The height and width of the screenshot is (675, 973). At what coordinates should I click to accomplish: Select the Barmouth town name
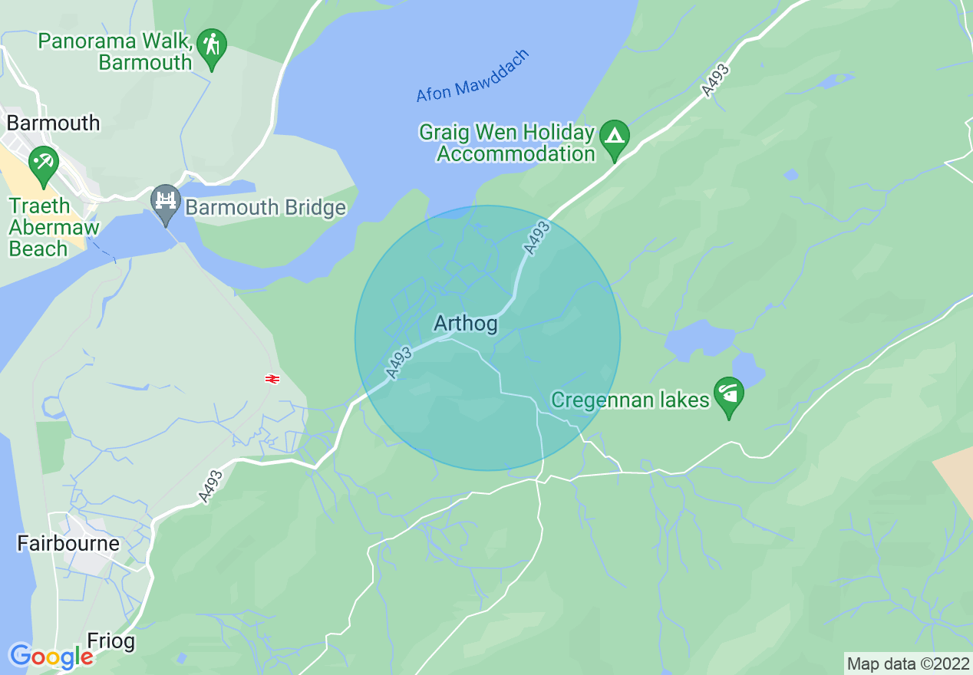click(x=53, y=123)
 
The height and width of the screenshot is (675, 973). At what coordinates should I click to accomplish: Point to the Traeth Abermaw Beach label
click(x=54, y=228)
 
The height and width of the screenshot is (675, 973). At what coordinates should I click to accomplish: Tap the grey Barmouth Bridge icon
click(x=165, y=202)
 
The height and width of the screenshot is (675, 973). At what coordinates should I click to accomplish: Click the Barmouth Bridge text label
click(x=266, y=208)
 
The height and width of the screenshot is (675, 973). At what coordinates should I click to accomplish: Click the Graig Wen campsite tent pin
click(x=614, y=138)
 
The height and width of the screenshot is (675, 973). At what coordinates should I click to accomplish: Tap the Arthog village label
click(x=465, y=324)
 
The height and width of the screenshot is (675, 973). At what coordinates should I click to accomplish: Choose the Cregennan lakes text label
click(x=630, y=400)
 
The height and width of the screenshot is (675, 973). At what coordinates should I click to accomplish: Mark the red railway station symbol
click(x=272, y=378)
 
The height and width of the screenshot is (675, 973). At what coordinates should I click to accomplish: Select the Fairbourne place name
click(x=68, y=544)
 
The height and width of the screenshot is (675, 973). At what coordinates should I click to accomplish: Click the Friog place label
click(x=111, y=640)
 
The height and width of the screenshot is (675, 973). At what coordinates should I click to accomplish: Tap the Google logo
click(x=51, y=657)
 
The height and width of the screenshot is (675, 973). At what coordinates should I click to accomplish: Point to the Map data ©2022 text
click(x=908, y=663)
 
